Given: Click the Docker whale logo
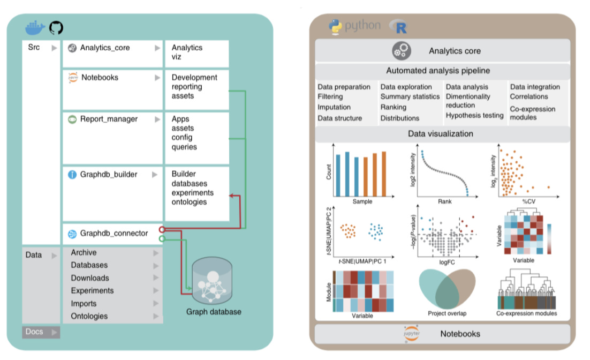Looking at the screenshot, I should tap(35, 28).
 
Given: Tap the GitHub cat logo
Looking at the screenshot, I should tap(56, 28).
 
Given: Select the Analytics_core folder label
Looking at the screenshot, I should tap(105, 48).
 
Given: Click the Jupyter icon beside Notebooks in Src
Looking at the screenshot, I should tap(73, 78).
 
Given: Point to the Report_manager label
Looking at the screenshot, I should tap(109, 119).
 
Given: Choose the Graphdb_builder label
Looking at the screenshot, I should tap(109, 174).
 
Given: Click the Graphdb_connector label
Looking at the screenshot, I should tap(114, 233).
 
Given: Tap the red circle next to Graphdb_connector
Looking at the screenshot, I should tap(162, 230).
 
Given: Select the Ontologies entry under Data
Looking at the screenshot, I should tap(89, 316).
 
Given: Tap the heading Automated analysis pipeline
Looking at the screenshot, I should tap(438, 71).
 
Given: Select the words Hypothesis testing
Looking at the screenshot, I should tap(474, 115).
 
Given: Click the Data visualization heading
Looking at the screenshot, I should tap(440, 133).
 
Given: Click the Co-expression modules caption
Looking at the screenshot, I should tap(527, 313).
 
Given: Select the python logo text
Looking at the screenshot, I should tap(362, 26).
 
